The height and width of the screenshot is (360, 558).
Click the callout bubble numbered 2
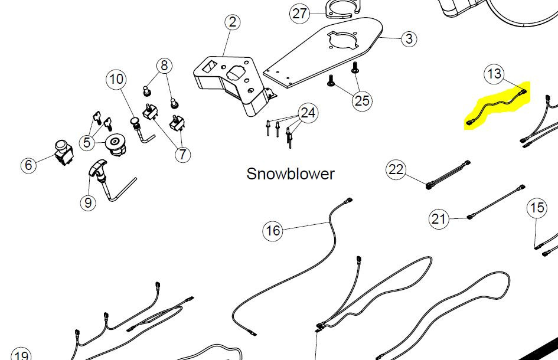[x=233, y=22]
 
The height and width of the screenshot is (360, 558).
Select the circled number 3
[x=409, y=40]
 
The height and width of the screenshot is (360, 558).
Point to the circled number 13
[x=494, y=74]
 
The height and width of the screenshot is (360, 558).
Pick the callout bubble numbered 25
[x=363, y=100]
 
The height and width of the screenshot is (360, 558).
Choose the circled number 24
[x=308, y=112]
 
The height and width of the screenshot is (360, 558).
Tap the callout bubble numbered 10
[x=116, y=78]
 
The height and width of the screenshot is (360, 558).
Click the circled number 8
[x=165, y=65]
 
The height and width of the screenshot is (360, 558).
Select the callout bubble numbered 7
[x=182, y=155]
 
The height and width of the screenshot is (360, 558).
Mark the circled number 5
[x=87, y=142]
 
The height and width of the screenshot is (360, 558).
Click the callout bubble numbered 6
[x=28, y=165]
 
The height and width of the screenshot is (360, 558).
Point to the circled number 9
[x=87, y=203]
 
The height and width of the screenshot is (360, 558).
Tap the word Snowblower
[x=290, y=174]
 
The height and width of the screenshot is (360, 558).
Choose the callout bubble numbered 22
[x=396, y=170]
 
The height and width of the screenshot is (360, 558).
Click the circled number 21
[x=438, y=220]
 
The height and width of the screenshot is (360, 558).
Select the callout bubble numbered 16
[x=272, y=231]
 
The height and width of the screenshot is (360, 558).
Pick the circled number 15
[x=537, y=208]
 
